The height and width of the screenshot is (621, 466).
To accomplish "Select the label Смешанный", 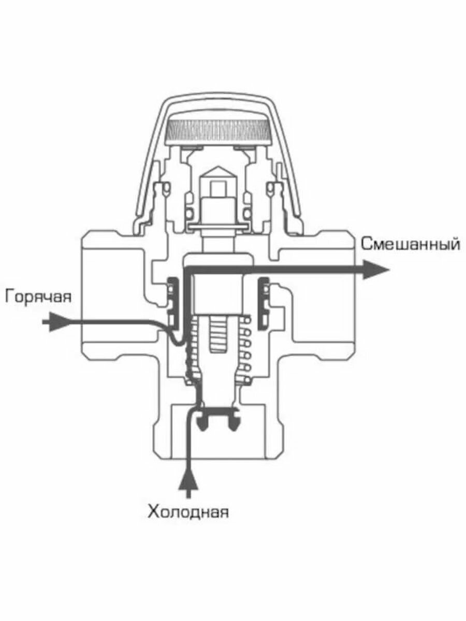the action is click(410, 243).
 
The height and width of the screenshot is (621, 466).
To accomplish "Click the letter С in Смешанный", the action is click(366, 243).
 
